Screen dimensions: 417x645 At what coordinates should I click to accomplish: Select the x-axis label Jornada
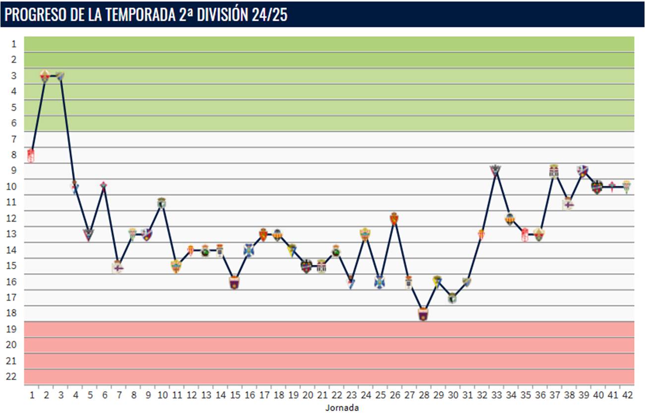coord(342,408)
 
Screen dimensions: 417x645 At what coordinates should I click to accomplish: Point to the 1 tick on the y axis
coord(14,44)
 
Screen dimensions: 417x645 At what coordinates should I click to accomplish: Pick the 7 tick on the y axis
coord(14,139)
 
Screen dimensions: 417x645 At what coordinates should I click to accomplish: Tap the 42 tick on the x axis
coord(627,395)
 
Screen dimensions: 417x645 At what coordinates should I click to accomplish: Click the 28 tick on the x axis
coord(423,395)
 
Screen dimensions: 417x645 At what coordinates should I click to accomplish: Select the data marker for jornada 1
coord(31,155)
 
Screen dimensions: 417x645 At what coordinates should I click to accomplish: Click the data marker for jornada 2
coord(45,76)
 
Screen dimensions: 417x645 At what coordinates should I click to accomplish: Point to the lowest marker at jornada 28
coord(423,314)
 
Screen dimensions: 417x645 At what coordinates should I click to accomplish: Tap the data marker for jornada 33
coord(495,170)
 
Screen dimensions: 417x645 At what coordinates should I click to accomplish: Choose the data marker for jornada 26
coord(394,218)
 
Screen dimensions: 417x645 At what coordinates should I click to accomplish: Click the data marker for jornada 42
coord(627,186)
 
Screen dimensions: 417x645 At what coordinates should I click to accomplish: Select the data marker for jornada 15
coord(235,282)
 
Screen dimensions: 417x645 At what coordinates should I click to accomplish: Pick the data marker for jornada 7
coord(117,267)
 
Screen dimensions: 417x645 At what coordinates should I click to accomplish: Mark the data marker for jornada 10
coord(162,202)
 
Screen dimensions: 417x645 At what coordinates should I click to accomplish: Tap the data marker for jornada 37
coord(554,171)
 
